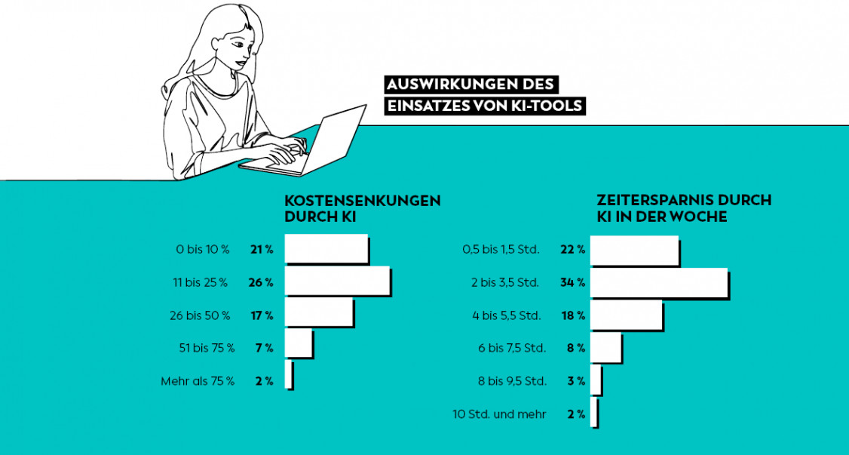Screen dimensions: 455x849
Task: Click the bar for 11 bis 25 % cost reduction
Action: tap(337, 281)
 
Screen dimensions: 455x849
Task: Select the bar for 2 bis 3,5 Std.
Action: tap(658, 282)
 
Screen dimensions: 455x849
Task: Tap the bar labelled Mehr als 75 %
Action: tap(288, 375)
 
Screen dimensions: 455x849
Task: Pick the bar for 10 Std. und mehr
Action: tap(593, 413)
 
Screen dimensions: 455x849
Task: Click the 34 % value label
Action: tap(572, 283)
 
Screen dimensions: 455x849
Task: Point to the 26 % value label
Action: tap(260, 283)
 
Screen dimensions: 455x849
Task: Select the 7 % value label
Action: tap(264, 348)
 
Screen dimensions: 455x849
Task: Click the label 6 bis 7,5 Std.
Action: tap(512, 348)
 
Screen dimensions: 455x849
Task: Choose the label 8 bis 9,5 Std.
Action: tap(512, 381)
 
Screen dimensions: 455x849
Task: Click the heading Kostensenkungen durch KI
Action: tap(362, 209)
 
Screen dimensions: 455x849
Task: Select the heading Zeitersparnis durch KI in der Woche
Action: tap(684, 208)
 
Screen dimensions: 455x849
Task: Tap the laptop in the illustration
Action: tap(317, 143)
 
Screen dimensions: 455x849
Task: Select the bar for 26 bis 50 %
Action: tap(318, 314)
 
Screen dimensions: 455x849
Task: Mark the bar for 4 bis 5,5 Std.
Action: tap(626, 315)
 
